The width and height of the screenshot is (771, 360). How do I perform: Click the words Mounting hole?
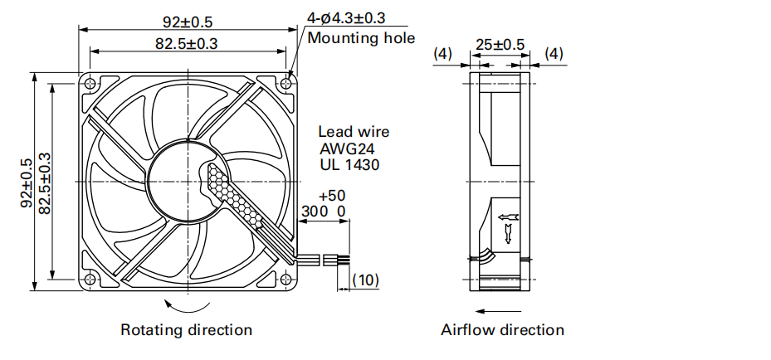[361, 37]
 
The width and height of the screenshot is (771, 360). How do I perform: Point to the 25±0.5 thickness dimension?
[500, 44]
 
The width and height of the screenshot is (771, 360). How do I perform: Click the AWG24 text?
[347, 148]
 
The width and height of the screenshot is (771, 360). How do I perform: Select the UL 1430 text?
[349, 165]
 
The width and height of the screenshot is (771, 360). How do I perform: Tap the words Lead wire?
[354, 132]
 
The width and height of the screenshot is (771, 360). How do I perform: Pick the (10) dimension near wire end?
[366, 280]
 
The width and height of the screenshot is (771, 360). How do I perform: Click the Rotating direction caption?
[187, 330]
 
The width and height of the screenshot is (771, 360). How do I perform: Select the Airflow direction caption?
[503, 330]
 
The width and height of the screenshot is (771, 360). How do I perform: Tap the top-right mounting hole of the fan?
[287, 82]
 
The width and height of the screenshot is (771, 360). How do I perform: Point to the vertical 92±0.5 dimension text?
[26, 182]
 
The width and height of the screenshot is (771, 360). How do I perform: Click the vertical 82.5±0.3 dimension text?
[44, 182]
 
